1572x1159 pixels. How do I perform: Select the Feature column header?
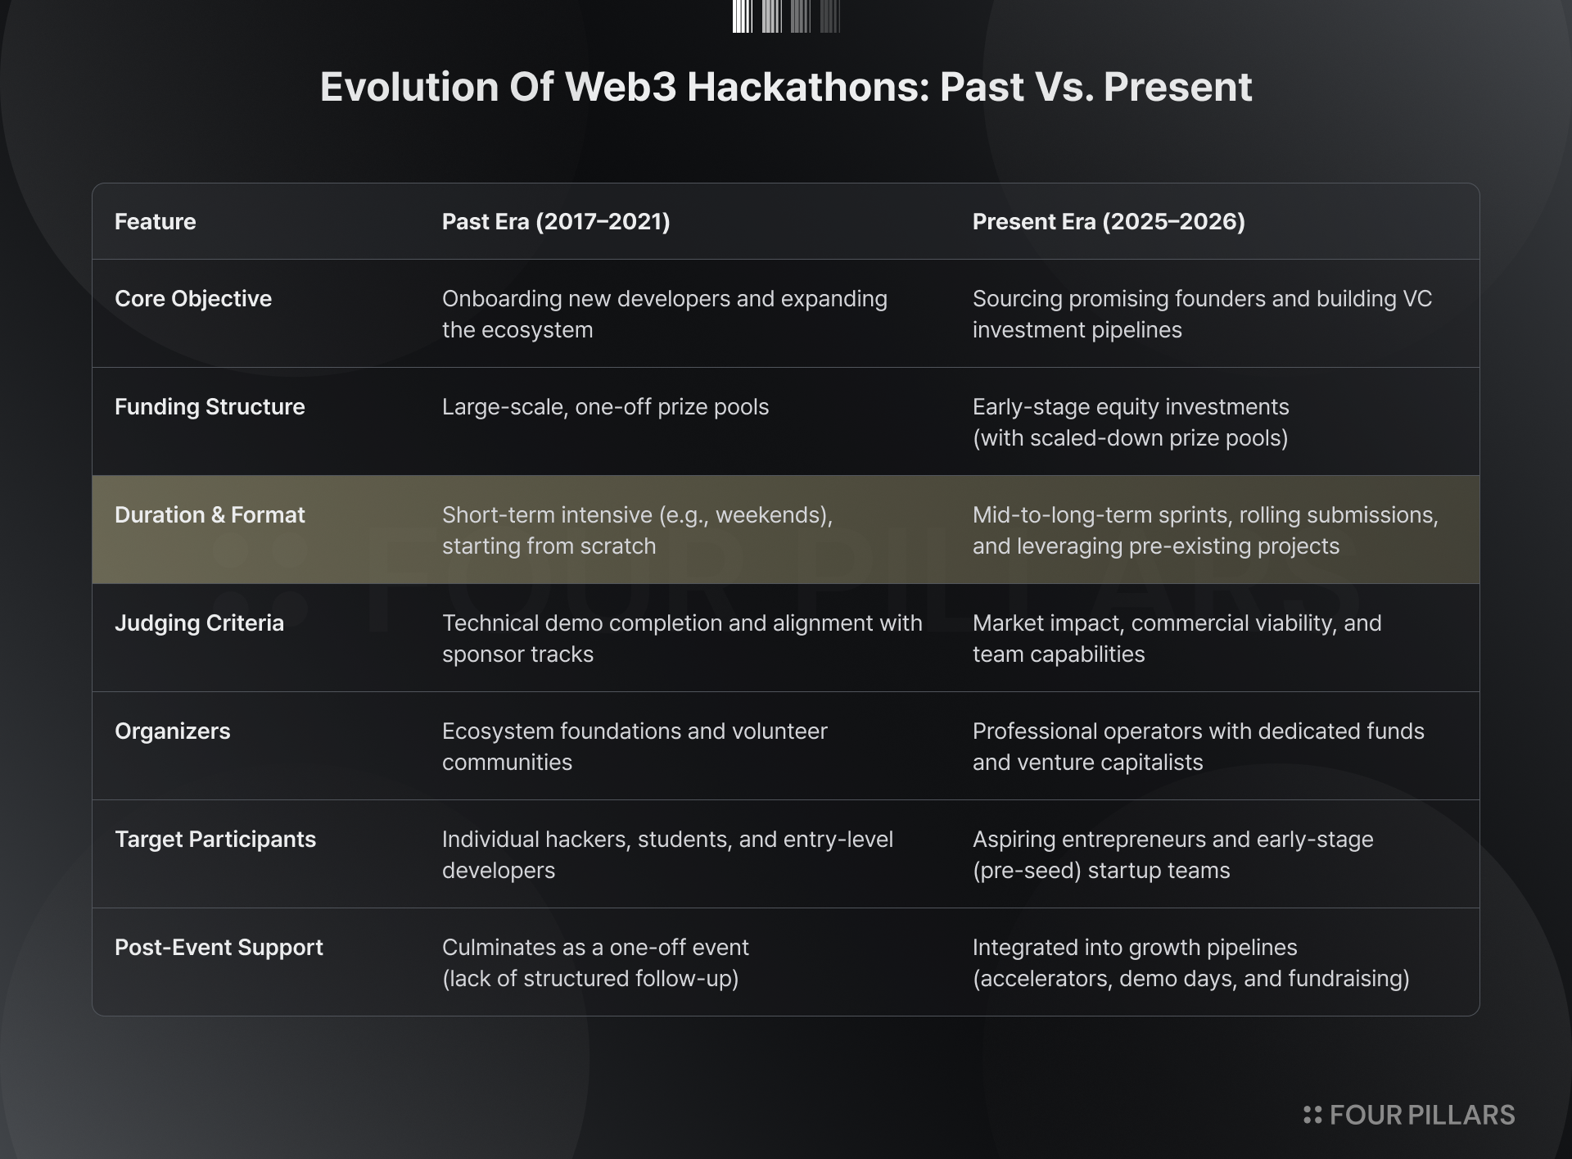click(x=156, y=222)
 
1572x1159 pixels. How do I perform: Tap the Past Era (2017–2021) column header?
click(x=556, y=222)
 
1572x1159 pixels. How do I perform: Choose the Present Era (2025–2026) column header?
click(x=1109, y=222)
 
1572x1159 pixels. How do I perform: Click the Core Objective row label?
click(x=193, y=299)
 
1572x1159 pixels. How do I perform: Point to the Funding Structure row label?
click(x=210, y=407)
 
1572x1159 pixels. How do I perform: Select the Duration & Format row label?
click(x=210, y=515)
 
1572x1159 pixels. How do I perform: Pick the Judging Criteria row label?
click(x=199, y=623)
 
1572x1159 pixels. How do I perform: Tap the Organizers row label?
click(x=173, y=731)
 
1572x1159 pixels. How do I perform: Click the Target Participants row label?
click(x=215, y=840)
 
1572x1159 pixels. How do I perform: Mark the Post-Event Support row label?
click(x=219, y=948)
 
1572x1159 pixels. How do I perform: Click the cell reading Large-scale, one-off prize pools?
click(x=606, y=407)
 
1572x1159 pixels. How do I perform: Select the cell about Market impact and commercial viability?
click(x=1177, y=638)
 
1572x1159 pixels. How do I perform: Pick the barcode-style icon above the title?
click(x=786, y=16)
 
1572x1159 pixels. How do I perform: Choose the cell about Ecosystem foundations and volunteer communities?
click(x=635, y=746)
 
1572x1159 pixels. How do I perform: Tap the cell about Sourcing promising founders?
click(x=1202, y=314)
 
